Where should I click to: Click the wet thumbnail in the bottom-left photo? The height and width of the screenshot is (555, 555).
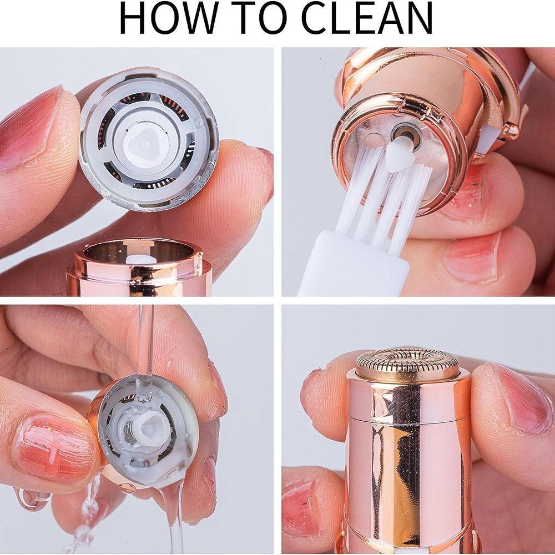(53, 444)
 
